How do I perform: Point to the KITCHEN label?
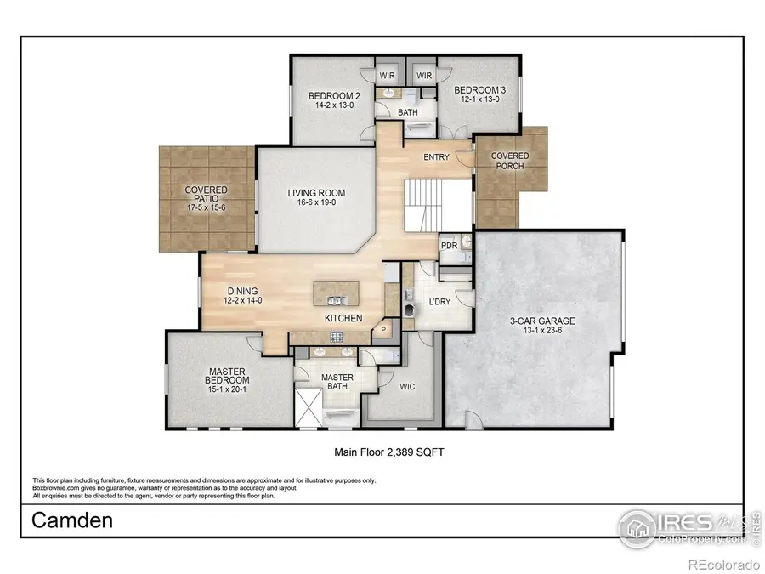pos(343,318)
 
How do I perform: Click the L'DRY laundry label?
pos(439,302)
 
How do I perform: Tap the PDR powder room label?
pos(449,246)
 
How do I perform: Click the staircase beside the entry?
pos(422,206)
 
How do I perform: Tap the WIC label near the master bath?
pos(407,385)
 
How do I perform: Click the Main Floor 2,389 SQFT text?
pos(388,453)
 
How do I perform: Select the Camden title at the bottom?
pos(72,520)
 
